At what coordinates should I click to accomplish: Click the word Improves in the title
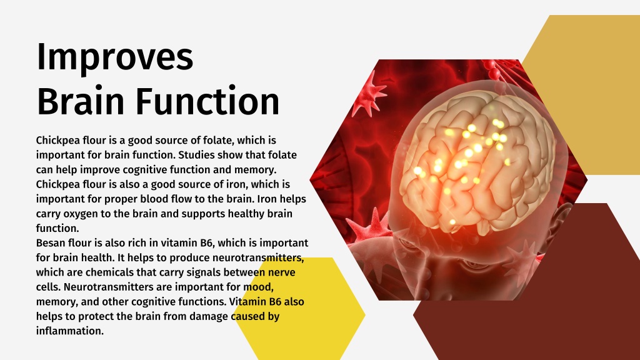coord(114,57)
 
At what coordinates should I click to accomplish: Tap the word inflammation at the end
coord(69,331)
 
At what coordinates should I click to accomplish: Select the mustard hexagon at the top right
coord(587,94)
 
